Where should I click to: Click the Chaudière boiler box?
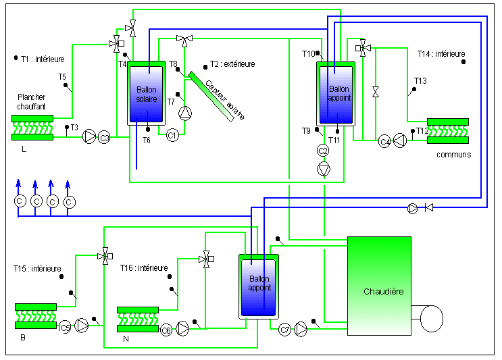[380, 286]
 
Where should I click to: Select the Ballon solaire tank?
[147, 93]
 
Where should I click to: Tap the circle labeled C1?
[172, 135]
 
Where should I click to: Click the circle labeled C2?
[323, 151]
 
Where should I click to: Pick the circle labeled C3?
[104, 138]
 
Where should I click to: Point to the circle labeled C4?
[384, 141]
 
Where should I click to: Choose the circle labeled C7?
[284, 330]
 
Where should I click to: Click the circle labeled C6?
[166, 330]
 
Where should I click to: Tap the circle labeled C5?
[65, 328]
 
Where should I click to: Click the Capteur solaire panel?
[211, 97]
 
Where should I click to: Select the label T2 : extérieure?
[232, 64]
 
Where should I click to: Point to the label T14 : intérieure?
[441, 54]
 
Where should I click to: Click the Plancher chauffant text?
[31, 102]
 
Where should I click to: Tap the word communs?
[453, 155]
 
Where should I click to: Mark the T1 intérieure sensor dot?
[16, 58]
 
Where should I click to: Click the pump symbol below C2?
[324, 169]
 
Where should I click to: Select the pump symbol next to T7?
[185, 113]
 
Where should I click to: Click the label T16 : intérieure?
[144, 268]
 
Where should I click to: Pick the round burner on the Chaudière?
[431, 318]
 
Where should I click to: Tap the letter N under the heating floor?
[126, 339]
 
